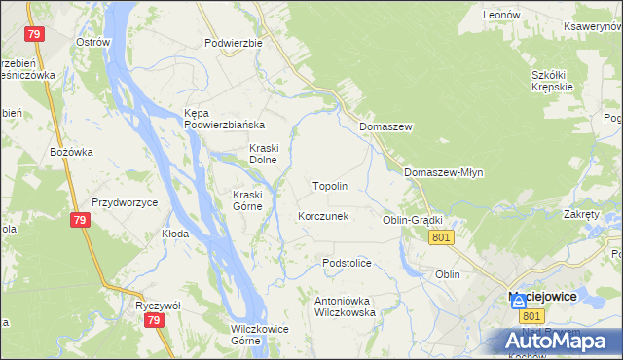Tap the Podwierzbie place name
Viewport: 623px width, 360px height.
[x=234, y=43]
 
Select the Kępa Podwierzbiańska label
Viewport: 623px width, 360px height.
[x=225, y=119]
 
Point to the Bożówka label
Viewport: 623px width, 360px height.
[x=71, y=152]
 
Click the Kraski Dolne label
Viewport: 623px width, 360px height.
[x=263, y=154]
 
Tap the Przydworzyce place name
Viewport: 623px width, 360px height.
[x=125, y=202]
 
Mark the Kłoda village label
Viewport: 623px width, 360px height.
[x=175, y=234]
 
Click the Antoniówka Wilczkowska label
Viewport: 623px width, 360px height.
[x=345, y=306]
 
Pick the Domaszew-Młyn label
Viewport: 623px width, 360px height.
[x=443, y=172]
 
